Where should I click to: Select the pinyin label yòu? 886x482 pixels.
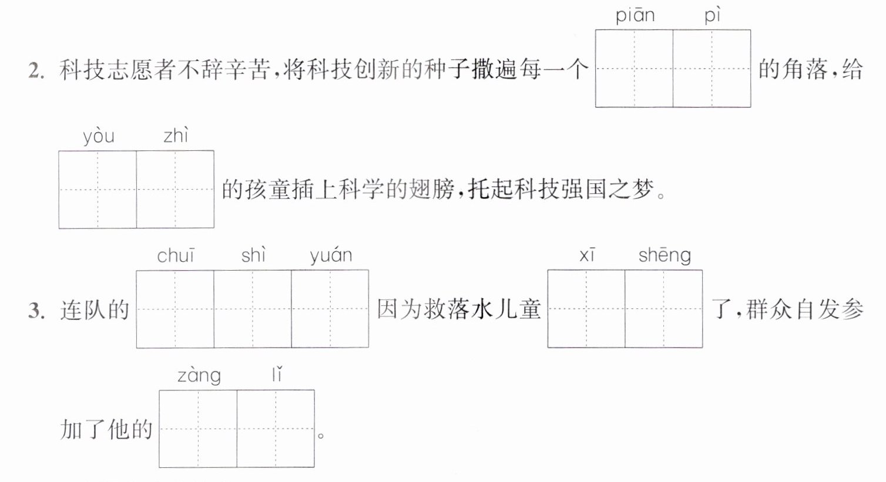coord(99,136)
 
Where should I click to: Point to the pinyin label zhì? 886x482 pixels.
coord(176,136)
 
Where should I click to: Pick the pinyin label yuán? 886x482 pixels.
coord(331,256)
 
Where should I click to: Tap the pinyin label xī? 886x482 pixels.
coord(588,255)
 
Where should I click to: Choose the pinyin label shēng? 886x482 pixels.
coord(664,256)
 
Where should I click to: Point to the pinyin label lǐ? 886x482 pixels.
coord(277,375)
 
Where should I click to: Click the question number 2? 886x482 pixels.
coord(36,70)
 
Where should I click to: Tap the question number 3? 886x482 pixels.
coord(36,311)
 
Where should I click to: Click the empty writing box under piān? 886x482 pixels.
coord(635,68)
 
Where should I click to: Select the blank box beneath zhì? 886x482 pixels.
coord(175,189)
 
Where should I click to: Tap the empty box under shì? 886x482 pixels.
coord(253,309)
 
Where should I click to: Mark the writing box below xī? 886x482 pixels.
coord(586,309)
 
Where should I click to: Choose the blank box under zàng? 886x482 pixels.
coord(198,429)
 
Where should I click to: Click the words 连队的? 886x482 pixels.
coord(95,310)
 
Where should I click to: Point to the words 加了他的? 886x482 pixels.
coord(106,429)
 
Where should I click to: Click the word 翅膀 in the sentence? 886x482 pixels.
coord(432,189)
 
